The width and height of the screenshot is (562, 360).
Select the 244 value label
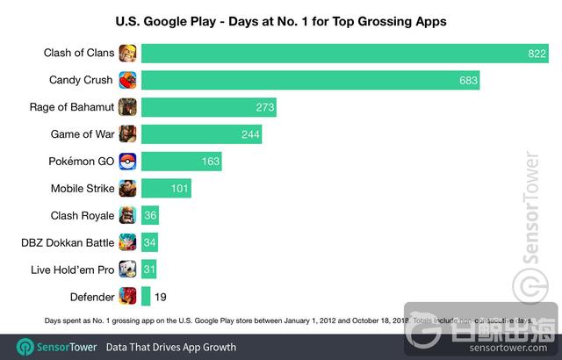click(250, 135)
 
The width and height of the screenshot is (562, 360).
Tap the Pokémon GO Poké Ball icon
click(128, 162)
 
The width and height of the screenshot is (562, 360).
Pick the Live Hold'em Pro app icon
click(128, 269)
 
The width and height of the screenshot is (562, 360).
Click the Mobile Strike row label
click(82, 189)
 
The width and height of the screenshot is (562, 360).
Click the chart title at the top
click(281, 18)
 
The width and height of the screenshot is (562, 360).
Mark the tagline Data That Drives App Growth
click(171, 346)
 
